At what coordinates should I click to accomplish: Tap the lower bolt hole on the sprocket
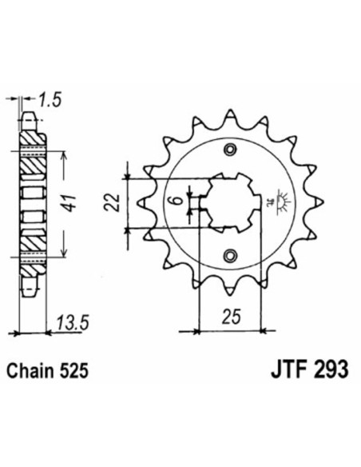(232, 255)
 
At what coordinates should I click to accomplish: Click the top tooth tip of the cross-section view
(30, 118)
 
